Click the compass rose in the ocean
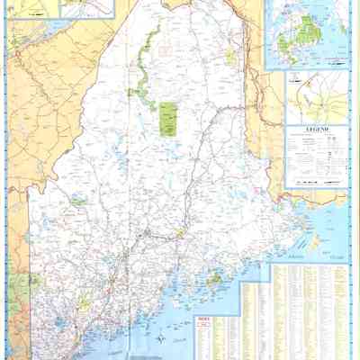(159, 339)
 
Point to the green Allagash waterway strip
(144, 67)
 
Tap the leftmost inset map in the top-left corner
(31, 9)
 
